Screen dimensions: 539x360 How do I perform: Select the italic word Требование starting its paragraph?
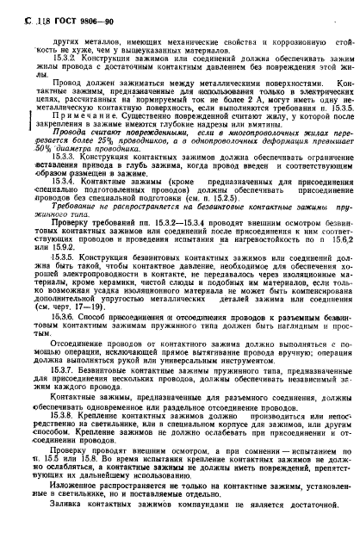[65, 236]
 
